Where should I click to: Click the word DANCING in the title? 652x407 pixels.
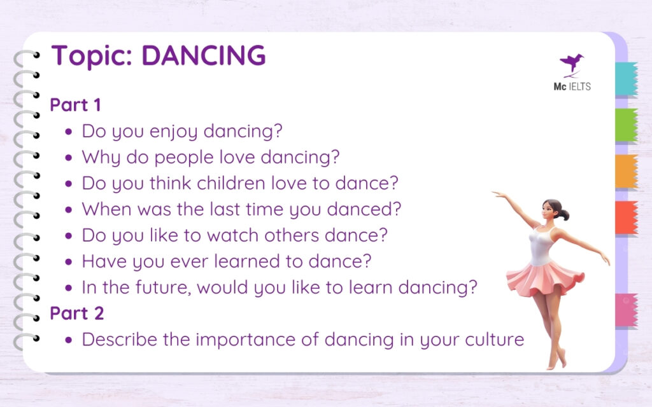click(203, 56)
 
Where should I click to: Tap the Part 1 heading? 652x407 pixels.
click(75, 104)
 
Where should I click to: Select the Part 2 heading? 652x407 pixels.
click(76, 313)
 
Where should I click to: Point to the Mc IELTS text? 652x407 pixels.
click(572, 86)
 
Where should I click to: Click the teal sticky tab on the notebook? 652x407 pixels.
click(626, 79)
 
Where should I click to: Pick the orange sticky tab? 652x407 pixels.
click(626, 171)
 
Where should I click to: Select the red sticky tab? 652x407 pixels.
click(626, 217)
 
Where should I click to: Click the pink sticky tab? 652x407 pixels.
click(626, 310)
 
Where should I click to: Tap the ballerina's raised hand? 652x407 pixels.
click(496, 193)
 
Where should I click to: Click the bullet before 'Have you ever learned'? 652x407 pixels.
click(69, 261)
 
